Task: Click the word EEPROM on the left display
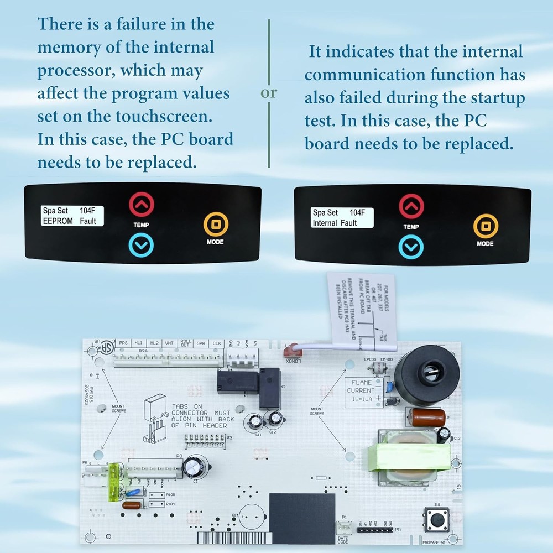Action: [58, 221]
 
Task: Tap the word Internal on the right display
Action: [325, 223]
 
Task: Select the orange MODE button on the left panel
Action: [216, 225]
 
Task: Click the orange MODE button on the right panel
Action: [486, 226]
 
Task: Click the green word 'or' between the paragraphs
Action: [269, 93]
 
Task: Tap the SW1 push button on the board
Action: [436, 519]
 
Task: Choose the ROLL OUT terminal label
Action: [186, 343]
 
